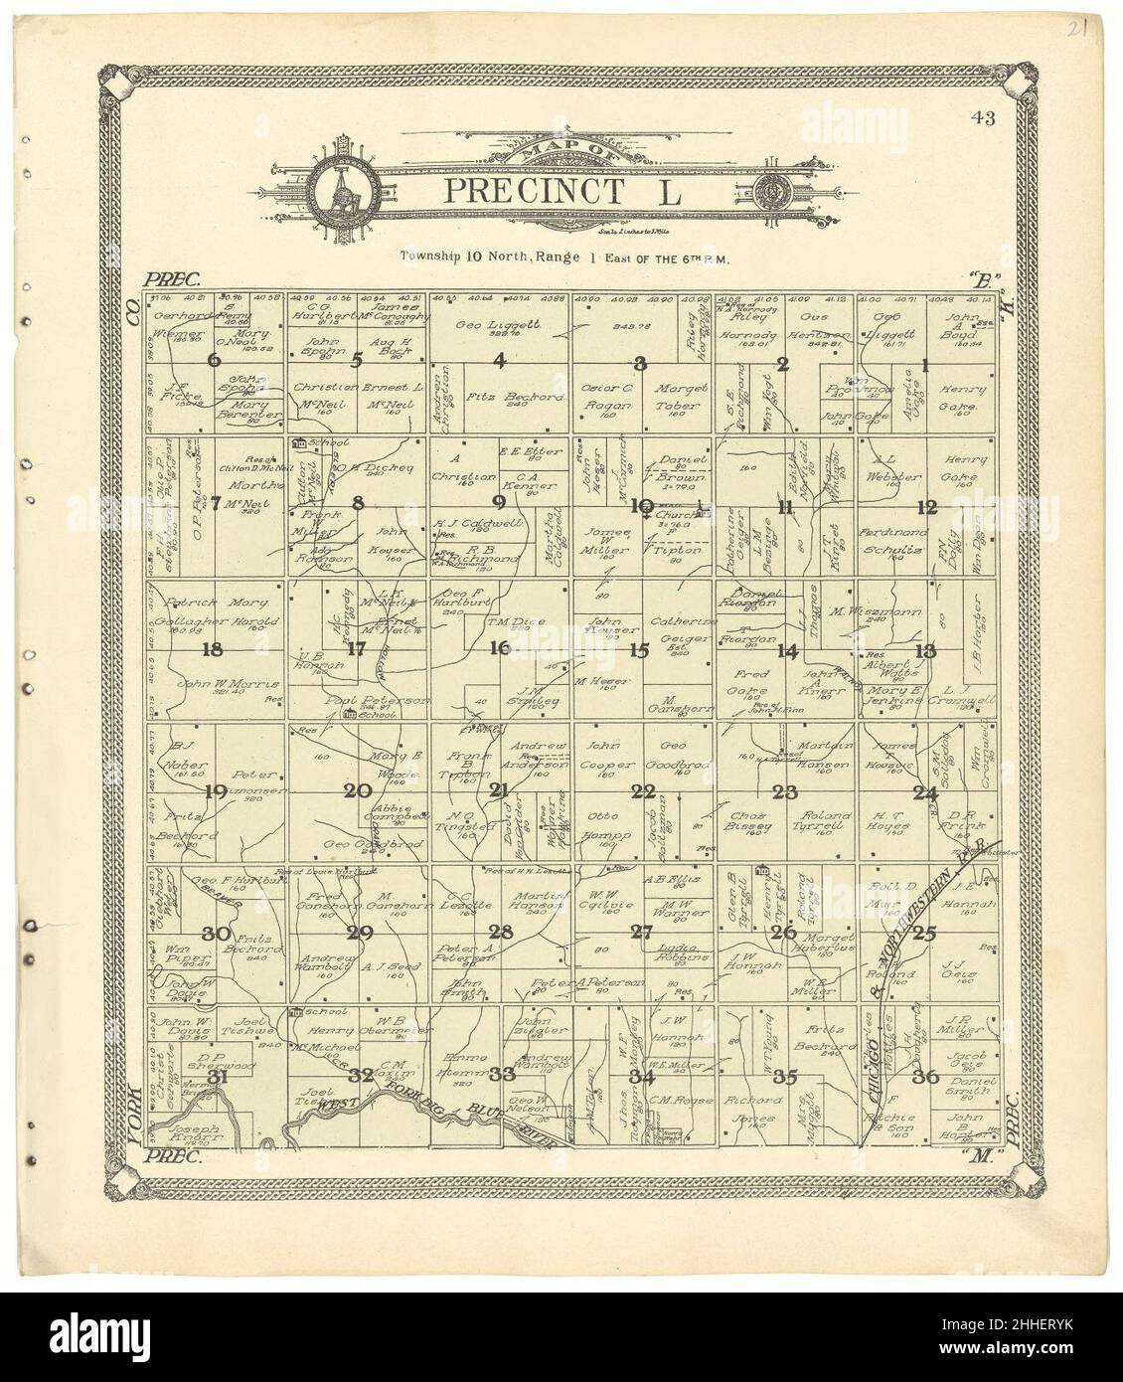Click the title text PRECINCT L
(x=562, y=189)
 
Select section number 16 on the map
(x=499, y=648)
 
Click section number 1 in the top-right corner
(x=925, y=365)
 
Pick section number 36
(x=926, y=1076)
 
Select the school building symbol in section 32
(x=295, y=1013)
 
